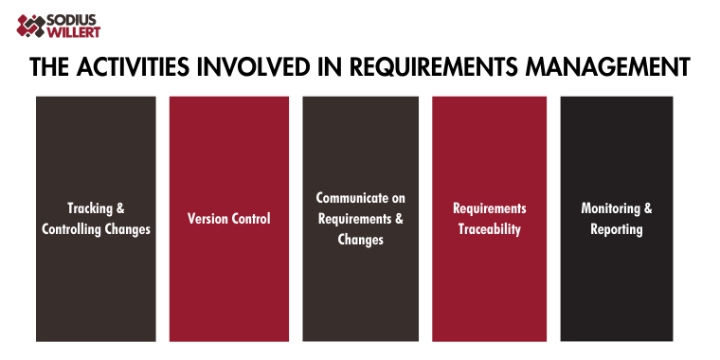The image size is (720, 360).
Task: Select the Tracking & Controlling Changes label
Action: pos(96,219)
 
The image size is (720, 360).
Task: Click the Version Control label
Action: pos(228,219)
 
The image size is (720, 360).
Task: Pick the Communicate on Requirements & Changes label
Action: pos(360,219)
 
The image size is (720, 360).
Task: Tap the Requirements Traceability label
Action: pos(489,219)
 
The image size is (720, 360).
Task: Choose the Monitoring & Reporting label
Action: pos(617,219)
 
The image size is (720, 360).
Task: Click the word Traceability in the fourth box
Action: pos(489,229)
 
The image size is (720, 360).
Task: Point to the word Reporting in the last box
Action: pos(617,229)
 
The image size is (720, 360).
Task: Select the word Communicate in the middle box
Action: pos(360,198)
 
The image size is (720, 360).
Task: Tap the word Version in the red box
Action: pos(207,219)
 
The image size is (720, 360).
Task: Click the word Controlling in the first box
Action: pos(75,229)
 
